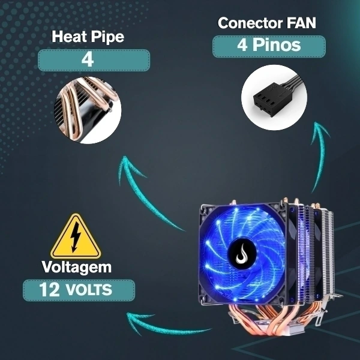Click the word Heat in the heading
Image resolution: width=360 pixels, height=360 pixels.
pos(68,36)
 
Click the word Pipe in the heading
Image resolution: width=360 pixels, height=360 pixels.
pos(107,37)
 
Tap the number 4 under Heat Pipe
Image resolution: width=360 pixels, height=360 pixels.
pos(88,60)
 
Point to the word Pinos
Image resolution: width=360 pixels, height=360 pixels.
pos(277,44)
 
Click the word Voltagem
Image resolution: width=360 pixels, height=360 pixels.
pos(76,267)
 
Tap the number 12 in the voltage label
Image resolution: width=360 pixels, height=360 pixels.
pos(49,290)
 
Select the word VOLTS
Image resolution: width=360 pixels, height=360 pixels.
pos(89,290)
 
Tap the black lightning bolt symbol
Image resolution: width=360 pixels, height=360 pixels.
pos(76,238)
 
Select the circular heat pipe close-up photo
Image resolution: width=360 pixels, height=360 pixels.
pos(88,110)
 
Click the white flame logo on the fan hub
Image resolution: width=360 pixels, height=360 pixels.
pos(242,254)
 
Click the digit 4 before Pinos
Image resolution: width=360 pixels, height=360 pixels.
pos(242,45)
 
